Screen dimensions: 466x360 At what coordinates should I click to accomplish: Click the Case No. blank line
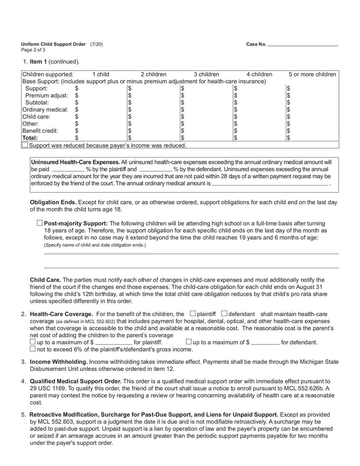pos(302,45)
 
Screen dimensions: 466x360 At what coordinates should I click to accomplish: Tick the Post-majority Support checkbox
pos(40,223)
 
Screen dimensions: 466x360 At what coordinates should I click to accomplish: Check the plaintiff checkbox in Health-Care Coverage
pos(193,313)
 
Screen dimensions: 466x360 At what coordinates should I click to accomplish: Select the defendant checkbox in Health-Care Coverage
pos(225,313)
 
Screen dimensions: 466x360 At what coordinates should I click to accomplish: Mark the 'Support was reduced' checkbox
pos(25,145)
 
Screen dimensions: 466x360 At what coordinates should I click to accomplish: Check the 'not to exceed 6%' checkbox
pos(32,349)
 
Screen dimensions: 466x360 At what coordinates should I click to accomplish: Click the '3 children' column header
pos(207,74)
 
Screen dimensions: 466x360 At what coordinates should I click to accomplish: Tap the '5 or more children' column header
pos(312,74)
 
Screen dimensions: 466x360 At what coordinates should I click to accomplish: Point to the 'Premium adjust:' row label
pos(46,95)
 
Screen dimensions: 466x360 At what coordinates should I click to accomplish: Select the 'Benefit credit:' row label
pos(40,131)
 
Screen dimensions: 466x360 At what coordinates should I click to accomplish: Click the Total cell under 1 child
pos(101,138)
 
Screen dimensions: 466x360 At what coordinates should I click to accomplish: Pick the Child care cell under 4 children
pos(259,117)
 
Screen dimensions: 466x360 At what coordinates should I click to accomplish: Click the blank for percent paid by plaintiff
pos(68,169)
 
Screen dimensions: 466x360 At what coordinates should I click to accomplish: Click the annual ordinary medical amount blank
pos(270,184)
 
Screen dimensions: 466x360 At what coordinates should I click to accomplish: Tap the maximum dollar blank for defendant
pos(265,342)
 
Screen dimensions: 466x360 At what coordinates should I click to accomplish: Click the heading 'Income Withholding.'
pos(58,362)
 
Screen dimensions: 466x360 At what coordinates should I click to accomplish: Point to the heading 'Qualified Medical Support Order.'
pos(76,381)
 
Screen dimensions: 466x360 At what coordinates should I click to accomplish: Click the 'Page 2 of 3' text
pos(33,50)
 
